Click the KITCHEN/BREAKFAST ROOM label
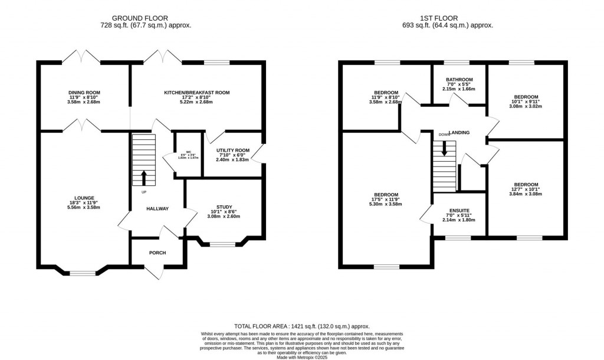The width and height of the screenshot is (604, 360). (x=196, y=93)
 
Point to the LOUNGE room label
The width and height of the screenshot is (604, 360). (x=84, y=198)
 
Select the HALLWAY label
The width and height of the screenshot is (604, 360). (x=157, y=208)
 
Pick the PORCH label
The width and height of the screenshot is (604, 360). (x=157, y=253)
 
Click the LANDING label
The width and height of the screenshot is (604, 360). (x=459, y=133)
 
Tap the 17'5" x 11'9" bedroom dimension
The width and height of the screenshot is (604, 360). (x=385, y=202)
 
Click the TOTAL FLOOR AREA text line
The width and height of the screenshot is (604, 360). (x=302, y=326)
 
